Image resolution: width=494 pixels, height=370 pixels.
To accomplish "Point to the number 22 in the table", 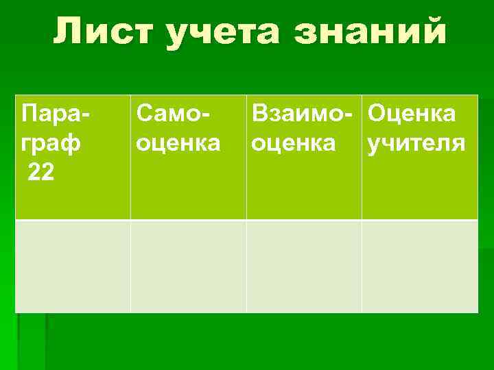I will click(x=40, y=173).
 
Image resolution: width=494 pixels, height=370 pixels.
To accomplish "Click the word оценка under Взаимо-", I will click(x=294, y=143).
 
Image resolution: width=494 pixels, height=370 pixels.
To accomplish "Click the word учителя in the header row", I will click(x=416, y=143).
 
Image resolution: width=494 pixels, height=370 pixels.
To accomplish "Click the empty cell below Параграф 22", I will click(x=73, y=267).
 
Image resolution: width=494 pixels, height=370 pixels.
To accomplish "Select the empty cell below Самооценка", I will click(x=189, y=267).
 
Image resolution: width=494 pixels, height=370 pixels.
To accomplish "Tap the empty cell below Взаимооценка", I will click(x=304, y=267).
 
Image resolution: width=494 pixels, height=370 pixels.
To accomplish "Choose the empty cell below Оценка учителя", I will click(x=420, y=267).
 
